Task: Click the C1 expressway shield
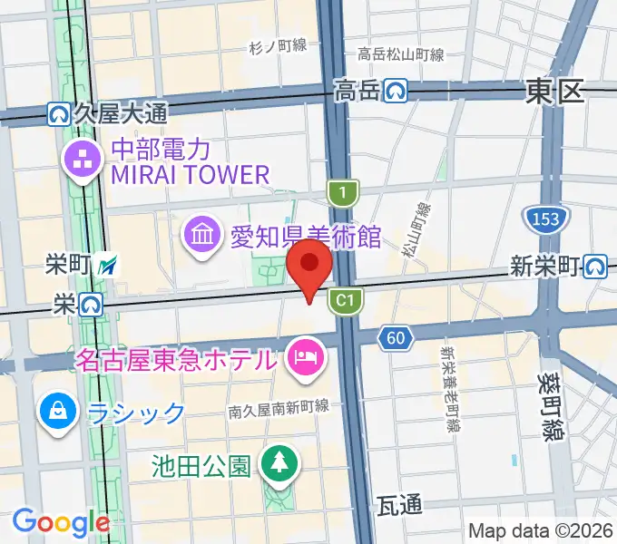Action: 345,299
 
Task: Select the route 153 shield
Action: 541,219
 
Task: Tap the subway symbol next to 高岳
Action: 396,90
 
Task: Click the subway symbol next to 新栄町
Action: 596,266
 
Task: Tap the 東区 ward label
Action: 554,91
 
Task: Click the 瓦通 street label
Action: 398,504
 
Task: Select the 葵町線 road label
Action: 551,409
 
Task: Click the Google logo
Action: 61,521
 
